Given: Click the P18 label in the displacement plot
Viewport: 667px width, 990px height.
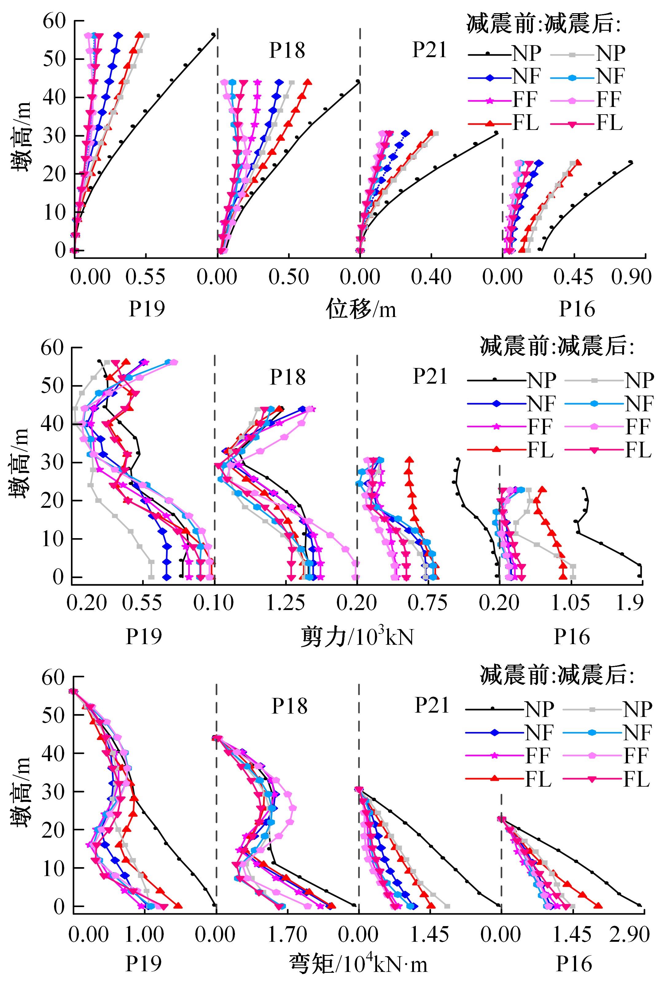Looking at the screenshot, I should click(x=287, y=51).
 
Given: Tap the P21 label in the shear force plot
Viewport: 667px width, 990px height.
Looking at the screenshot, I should click(x=430, y=377).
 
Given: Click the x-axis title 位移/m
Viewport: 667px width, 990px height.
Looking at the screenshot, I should click(x=361, y=309).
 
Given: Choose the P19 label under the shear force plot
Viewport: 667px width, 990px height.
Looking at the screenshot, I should click(x=144, y=637).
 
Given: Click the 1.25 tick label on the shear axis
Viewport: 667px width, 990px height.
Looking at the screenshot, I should click(x=285, y=603).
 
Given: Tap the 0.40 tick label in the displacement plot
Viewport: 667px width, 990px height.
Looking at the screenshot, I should click(x=431, y=277).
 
